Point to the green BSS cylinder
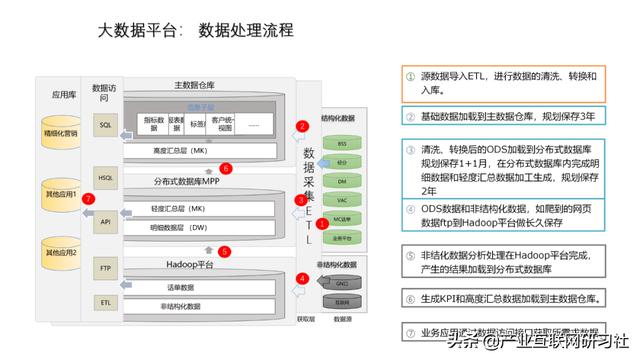pyautogui.click(x=341, y=143)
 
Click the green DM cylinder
pyautogui.click(x=341, y=181)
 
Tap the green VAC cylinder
pyautogui.click(x=341, y=200)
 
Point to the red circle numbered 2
pyautogui.click(x=302, y=126)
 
